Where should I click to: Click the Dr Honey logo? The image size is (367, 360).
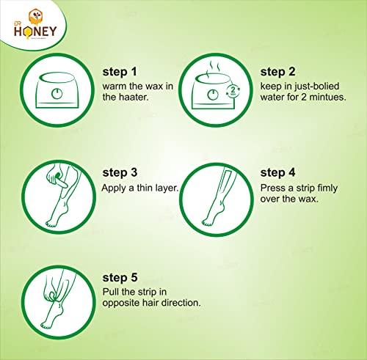[x=35, y=24]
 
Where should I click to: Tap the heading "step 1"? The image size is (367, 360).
[x=120, y=72]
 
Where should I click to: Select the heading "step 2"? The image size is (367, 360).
[x=277, y=72]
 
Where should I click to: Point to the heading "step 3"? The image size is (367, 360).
[x=120, y=172]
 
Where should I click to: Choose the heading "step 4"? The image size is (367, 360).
[x=277, y=172]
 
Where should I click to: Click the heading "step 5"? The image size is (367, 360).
[x=120, y=278]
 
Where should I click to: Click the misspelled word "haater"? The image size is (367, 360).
[x=133, y=97]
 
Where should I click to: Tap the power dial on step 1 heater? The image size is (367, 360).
[x=57, y=94]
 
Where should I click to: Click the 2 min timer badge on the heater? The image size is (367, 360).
[x=233, y=90]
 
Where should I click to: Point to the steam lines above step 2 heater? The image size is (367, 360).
[x=214, y=67]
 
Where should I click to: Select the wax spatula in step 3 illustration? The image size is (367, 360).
[x=60, y=181]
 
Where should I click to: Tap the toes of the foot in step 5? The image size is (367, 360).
[x=46, y=326]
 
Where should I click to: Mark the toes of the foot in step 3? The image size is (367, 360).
[x=51, y=224]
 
